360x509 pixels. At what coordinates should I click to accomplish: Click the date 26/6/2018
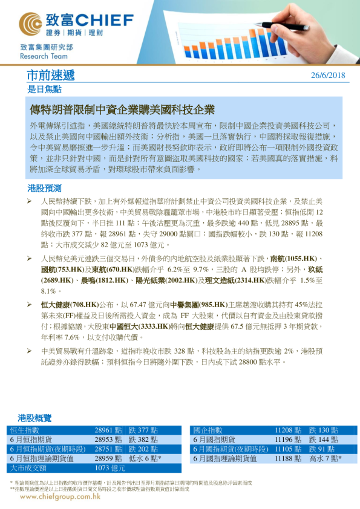[327, 75]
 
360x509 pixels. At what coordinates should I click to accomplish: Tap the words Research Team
[38, 55]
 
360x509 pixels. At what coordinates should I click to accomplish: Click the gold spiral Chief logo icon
[31, 24]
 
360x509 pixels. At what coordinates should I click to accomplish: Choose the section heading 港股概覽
[34, 418]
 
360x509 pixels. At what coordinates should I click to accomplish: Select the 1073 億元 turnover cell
[110, 468]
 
